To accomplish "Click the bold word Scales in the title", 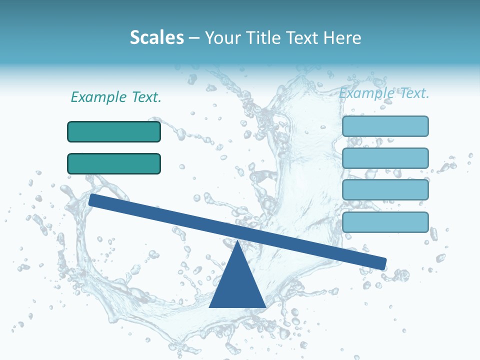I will [x=157, y=37].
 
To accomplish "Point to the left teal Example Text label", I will [x=116, y=97].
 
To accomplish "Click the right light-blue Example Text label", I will [x=384, y=93].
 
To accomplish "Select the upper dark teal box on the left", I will [x=114, y=131].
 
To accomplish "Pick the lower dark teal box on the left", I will [x=114, y=163].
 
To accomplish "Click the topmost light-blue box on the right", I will [x=385, y=126].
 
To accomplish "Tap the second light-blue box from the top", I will [x=385, y=158].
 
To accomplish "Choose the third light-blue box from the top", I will [x=385, y=189].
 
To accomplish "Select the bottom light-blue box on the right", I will [x=385, y=222].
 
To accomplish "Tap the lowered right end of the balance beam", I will [x=382, y=263].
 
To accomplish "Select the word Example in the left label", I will [x=98, y=97].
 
